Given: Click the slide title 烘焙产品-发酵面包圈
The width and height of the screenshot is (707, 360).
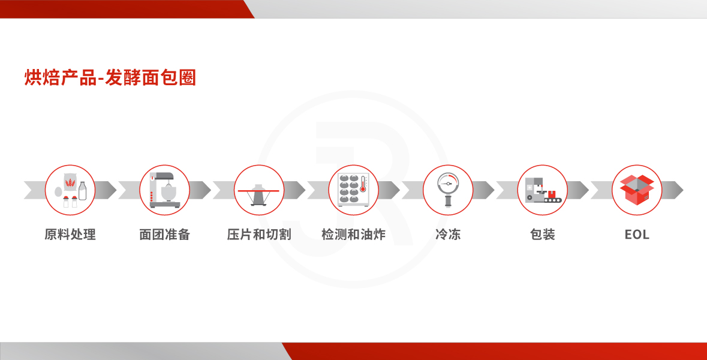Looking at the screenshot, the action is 110,77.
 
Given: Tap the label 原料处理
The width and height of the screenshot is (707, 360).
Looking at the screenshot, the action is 70,235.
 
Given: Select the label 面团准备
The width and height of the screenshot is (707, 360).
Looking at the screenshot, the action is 164,235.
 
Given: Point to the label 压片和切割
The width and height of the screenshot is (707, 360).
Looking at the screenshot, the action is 259,235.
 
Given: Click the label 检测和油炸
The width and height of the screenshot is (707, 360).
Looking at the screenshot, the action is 354,235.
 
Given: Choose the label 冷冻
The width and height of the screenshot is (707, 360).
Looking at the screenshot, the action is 448,235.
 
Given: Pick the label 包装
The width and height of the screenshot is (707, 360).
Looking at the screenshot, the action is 543,235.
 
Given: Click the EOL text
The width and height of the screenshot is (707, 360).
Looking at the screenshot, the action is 637,235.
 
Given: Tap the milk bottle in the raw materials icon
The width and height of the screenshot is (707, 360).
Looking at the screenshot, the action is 83,191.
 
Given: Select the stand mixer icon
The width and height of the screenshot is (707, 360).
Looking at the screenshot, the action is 164,190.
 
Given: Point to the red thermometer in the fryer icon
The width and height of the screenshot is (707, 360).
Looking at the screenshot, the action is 363,184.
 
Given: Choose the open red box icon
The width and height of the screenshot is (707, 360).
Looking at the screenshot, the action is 637,190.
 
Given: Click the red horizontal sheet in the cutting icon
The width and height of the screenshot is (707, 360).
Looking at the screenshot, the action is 259,191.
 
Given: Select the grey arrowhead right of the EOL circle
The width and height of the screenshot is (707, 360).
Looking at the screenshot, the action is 673,190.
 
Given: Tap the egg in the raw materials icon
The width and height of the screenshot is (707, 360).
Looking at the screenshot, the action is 58,192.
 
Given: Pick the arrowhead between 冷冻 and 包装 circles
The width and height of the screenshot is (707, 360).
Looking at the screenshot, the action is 484,190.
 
